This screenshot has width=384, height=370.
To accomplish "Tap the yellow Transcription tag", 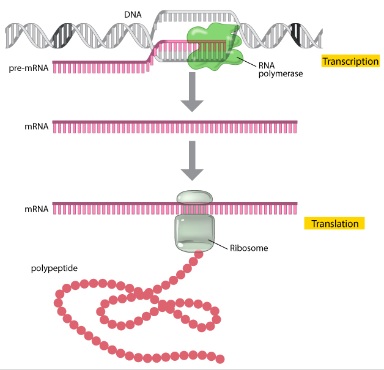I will [x=350, y=61].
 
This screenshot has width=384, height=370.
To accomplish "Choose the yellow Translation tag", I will [x=334, y=224].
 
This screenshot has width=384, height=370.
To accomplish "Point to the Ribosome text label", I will [x=249, y=248].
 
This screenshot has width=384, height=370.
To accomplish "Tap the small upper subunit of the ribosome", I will [x=194, y=197].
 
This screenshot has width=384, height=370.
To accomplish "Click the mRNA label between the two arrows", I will [x=36, y=127].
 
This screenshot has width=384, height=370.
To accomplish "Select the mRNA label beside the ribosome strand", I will [x=36, y=209].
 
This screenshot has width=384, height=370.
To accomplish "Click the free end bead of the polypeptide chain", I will [x=220, y=359].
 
